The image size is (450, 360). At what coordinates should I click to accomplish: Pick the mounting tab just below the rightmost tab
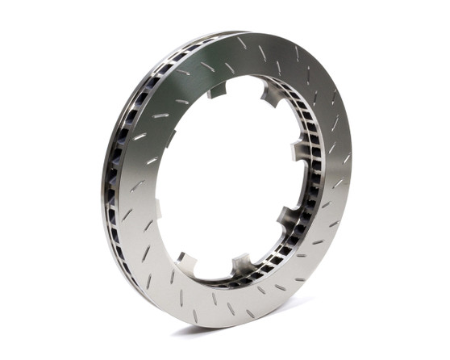[288, 215]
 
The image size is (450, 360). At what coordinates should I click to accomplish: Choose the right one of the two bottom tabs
[241, 263]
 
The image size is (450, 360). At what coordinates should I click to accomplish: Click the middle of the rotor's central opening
[222, 174]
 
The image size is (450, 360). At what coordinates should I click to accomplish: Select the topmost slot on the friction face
[241, 43]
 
